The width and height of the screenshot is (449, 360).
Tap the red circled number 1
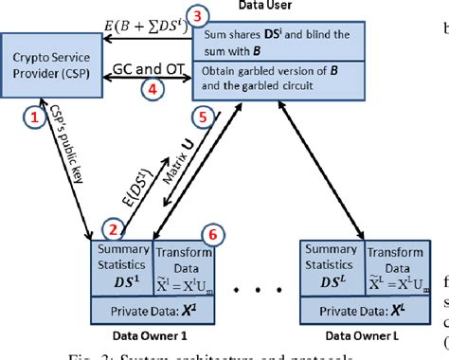(33, 117)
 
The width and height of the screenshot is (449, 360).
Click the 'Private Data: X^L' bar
(361, 311)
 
